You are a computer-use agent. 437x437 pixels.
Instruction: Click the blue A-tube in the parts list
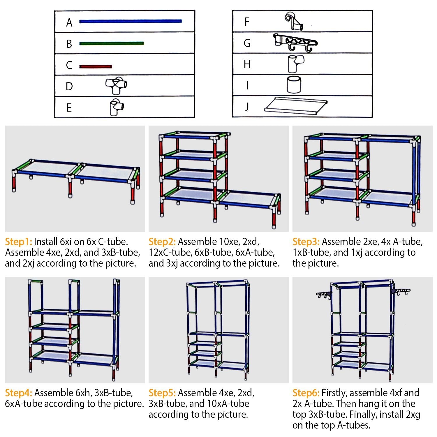point(130,21)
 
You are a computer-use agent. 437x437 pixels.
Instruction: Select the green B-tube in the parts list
point(111,43)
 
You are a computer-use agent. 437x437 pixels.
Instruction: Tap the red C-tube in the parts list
point(96,66)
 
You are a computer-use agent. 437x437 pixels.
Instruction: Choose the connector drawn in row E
point(116,107)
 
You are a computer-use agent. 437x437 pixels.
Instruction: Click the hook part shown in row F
point(294,21)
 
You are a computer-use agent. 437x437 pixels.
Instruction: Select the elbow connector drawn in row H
point(295,64)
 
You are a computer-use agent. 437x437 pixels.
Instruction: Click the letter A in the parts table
point(69,22)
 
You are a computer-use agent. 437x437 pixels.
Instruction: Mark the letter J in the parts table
point(247,107)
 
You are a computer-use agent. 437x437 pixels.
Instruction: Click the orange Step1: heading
point(18,242)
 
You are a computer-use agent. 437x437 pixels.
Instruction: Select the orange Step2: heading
point(162,242)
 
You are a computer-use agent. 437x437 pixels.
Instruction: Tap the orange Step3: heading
point(306,242)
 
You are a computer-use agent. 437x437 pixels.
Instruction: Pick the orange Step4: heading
point(18,393)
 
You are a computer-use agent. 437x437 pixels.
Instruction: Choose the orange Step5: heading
point(162,393)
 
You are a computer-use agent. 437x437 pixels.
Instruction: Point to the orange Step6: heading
point(306,393)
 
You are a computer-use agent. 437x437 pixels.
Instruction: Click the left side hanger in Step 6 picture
point(324,295)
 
